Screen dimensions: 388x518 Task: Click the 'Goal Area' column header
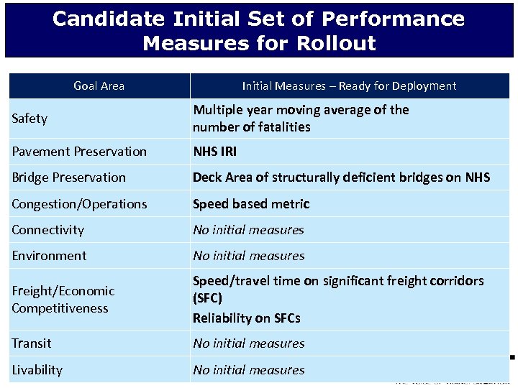click(99, 86)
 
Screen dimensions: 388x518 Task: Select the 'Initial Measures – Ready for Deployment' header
click(349, 86)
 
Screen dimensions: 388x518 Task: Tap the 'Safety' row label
click(29, 119)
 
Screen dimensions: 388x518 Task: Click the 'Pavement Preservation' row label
click(79, 152)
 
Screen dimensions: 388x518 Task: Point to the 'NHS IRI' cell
click(214, 152)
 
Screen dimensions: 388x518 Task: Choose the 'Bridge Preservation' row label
click(68, 177)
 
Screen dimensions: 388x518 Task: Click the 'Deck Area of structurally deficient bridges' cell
click(341, 177)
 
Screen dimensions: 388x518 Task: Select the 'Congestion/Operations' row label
click(79, 204)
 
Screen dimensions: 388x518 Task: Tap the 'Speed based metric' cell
click(251, 204)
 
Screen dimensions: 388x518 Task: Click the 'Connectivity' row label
click(47, 230)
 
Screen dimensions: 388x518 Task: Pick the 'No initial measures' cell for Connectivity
click(248, 230)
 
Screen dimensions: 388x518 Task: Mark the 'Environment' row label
click(49, 256)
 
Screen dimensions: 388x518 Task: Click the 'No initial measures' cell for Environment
click(248, 256)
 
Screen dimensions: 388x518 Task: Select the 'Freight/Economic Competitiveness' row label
click(63, 300)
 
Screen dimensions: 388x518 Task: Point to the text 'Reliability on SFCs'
click(246, 318)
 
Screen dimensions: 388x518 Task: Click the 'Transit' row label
click(32, 343)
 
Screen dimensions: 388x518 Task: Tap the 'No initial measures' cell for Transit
click(248, 343)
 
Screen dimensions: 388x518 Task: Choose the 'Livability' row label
click(37, 370)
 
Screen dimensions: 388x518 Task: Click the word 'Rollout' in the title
click(331, 43)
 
